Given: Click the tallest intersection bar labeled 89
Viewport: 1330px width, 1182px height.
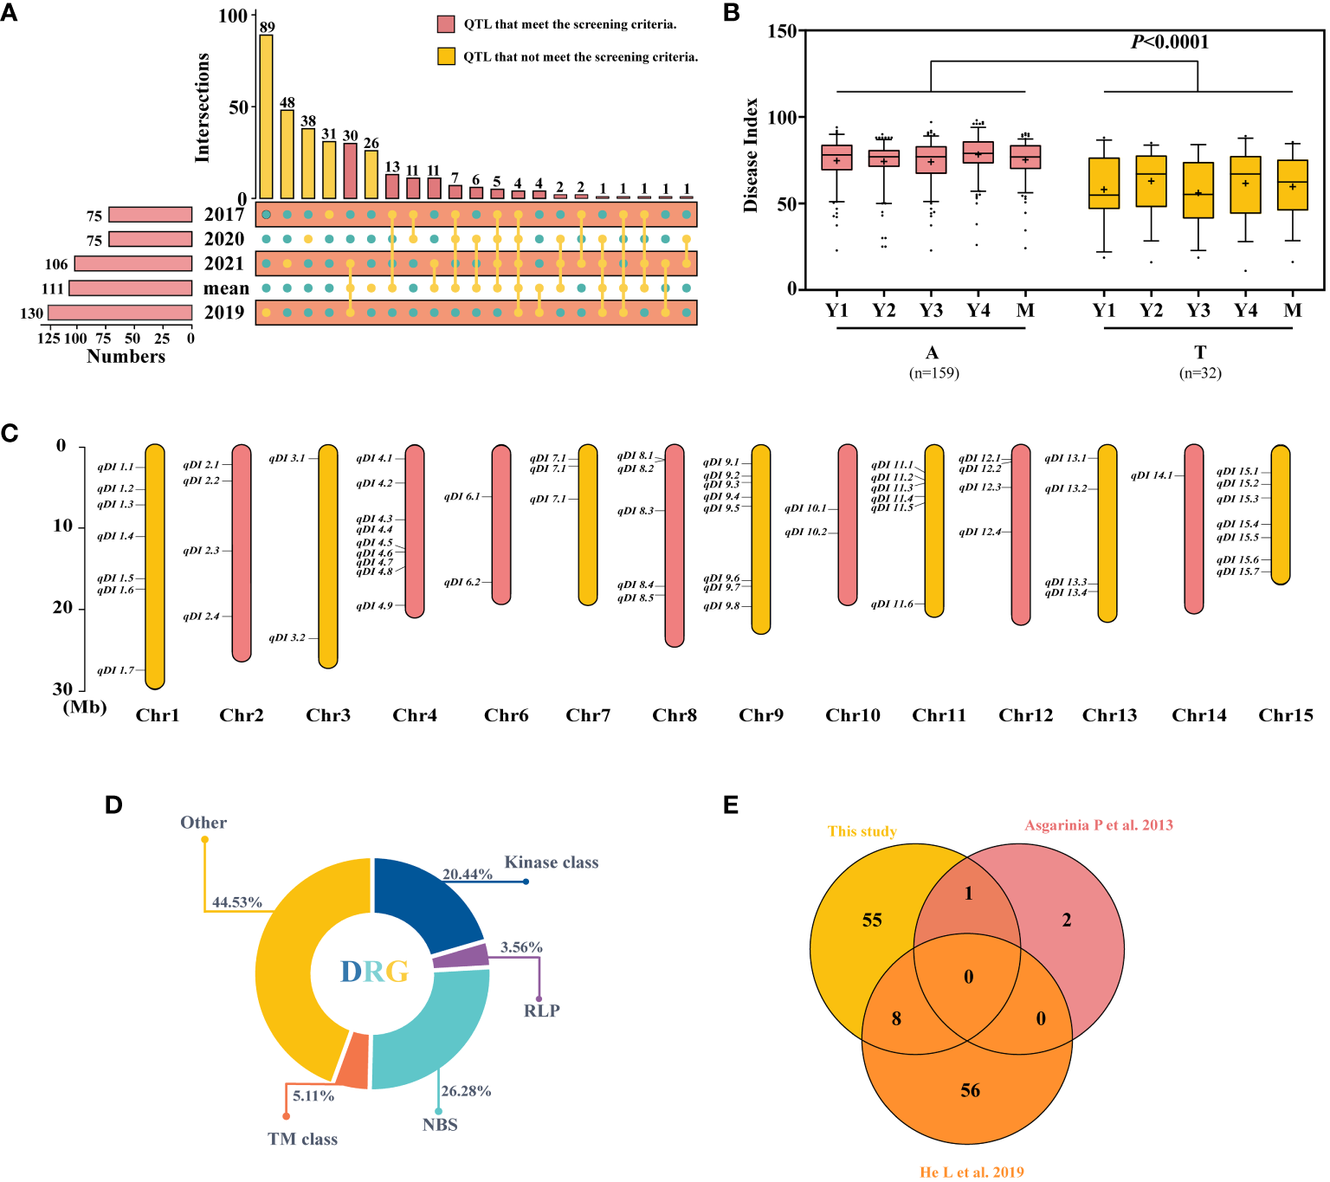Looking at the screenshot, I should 266,117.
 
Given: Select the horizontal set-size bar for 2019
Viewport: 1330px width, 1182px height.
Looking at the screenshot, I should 119,313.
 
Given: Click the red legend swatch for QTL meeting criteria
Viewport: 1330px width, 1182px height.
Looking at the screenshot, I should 446,24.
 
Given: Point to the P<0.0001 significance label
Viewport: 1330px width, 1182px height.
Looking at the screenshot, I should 1170,42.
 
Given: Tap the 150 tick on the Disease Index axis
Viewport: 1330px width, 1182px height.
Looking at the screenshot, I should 782,31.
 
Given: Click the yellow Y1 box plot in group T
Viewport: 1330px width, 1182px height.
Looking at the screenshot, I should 1104,184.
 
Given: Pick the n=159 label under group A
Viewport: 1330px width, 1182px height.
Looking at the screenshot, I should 933,373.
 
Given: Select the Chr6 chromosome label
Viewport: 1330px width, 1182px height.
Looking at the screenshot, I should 507,715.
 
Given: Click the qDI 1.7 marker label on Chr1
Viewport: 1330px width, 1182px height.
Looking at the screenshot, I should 116,670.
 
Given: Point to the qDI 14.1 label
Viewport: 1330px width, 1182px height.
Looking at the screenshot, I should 1152,475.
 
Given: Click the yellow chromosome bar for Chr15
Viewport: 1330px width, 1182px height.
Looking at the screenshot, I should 1281,514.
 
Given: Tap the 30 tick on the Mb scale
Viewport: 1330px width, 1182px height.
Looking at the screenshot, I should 63,689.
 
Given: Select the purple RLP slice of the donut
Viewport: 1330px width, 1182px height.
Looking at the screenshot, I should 461,956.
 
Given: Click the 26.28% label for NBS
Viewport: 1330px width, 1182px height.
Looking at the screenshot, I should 466,1091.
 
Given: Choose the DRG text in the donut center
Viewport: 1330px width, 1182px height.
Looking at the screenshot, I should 374,972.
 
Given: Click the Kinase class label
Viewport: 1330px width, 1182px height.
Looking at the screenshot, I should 552,862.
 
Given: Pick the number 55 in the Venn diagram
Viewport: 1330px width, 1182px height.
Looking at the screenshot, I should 872,920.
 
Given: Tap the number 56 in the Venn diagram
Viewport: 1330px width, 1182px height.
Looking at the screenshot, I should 970,1091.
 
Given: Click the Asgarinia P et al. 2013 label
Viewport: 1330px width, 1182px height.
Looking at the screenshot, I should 1099,825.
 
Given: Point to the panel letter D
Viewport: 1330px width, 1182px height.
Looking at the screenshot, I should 113,805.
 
